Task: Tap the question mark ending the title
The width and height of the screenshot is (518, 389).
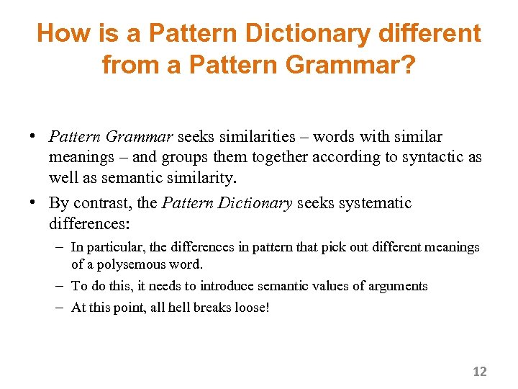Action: click(x=408, y=66)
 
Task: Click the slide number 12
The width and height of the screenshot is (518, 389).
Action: click(x=479, y=372)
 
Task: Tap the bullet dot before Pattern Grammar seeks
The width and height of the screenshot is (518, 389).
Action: click(x=34, y=137)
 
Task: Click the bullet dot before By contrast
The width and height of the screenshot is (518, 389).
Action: click(x=34, y=203)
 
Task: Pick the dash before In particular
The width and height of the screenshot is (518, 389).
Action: click(x=60, y=247)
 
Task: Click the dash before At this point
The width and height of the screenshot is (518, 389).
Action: click(x=60, y=308)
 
